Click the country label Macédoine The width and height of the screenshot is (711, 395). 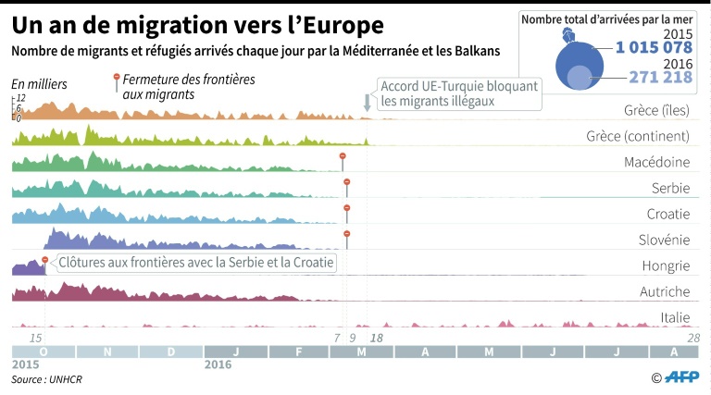click(x=656, y=163)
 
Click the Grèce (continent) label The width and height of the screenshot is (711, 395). click(x=638, y=137)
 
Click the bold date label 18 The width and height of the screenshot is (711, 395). click(x=377, y=339)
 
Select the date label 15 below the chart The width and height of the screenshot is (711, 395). click(x=36, y=339)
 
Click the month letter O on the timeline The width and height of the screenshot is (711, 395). click(x=44, y=352)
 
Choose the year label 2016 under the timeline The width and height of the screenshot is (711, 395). click(x=218, y=364)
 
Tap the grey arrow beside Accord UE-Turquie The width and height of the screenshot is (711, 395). click(x=368, y=102)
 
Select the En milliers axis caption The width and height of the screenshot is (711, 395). click(x=40, y=84)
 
